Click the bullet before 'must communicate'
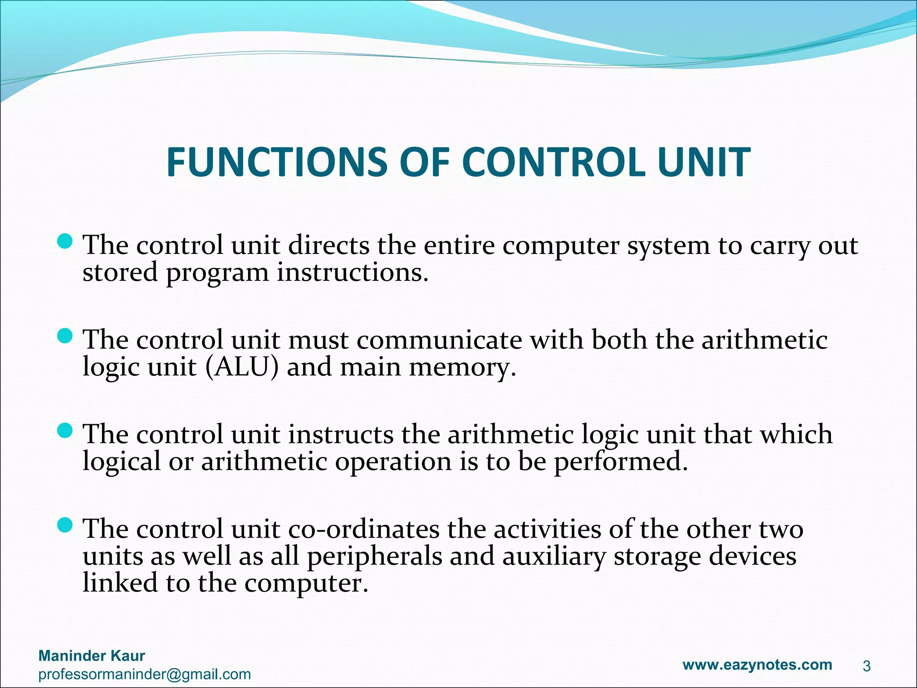pyautogui.click(x=65, y=336)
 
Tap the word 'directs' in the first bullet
pyautogui.click(x=329, y=245)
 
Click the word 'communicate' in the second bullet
pyautogui.click(x=439, y=340)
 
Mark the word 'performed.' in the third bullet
pyautogui.click(x=621, y=462)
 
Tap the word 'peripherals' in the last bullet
pyautogui.click(x=374, y=557)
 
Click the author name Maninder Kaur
pyautogui.click(x=92, y=656)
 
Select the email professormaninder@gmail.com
pyautogui.click(x=144, y=674)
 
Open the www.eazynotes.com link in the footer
pyautogui.click(x=757, y=665)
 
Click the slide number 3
pyautogui.click(x=866, y=666)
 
